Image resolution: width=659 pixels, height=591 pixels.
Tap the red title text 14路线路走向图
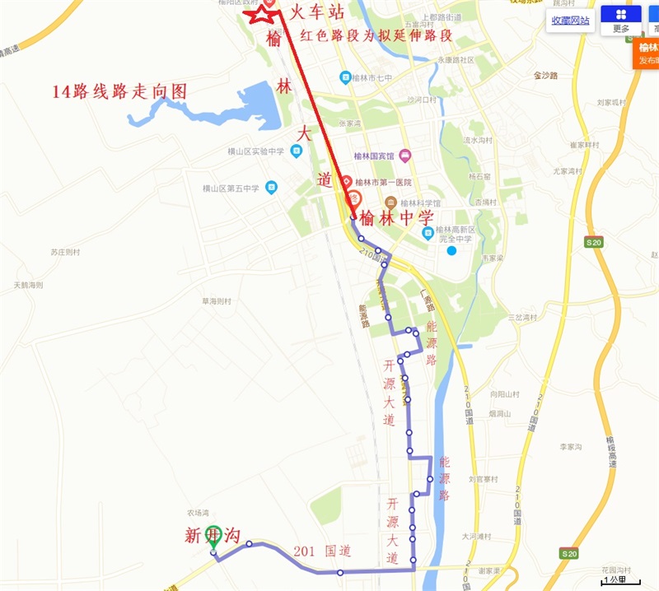pos(119,91)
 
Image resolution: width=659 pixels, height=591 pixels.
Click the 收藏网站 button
pos(570,21)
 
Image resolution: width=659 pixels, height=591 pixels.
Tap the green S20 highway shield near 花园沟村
pos(568,553)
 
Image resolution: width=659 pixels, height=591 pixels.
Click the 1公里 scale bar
pos(617,580)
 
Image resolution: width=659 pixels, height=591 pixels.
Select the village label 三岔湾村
pos(522,317)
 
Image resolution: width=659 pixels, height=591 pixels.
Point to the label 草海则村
pos(219,301)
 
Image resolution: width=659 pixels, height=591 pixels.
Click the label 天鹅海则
pos(27,285)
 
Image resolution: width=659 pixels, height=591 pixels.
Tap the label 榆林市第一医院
pos(382,182)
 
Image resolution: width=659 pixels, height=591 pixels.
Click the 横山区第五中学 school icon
pos(271,188)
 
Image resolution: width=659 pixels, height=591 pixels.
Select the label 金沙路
pos(546,75)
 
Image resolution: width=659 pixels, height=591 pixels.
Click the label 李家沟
pos(571,447)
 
